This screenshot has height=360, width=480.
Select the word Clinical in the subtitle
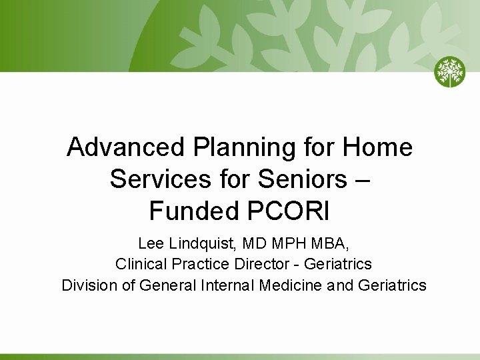(141, 264)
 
